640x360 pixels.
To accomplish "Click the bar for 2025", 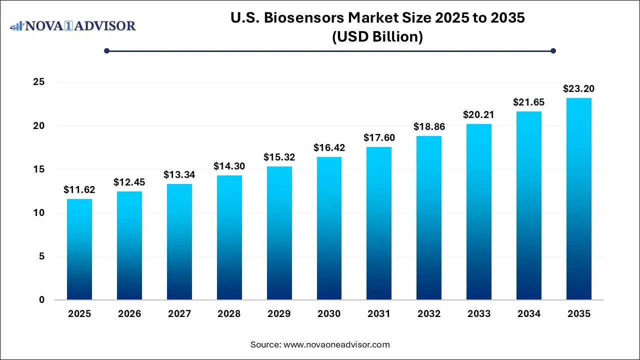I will [79, 249].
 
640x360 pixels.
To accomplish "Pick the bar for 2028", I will [229, 237].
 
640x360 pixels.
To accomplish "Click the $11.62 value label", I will [79, 190].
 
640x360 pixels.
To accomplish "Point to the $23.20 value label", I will [578, 89].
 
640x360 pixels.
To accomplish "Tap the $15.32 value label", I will [279, 157].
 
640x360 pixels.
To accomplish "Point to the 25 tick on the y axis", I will [39, 82].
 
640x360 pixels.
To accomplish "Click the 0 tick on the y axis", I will [42, 300].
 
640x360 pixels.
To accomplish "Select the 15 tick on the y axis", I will [39, 169].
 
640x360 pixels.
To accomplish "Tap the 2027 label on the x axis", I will [179, 314].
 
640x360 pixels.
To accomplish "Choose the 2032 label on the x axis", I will [429, 314].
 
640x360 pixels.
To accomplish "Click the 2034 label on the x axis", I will [529, 314].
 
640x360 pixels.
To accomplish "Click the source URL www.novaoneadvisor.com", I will [336, 344].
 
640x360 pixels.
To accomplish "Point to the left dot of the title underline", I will [106, 50].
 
